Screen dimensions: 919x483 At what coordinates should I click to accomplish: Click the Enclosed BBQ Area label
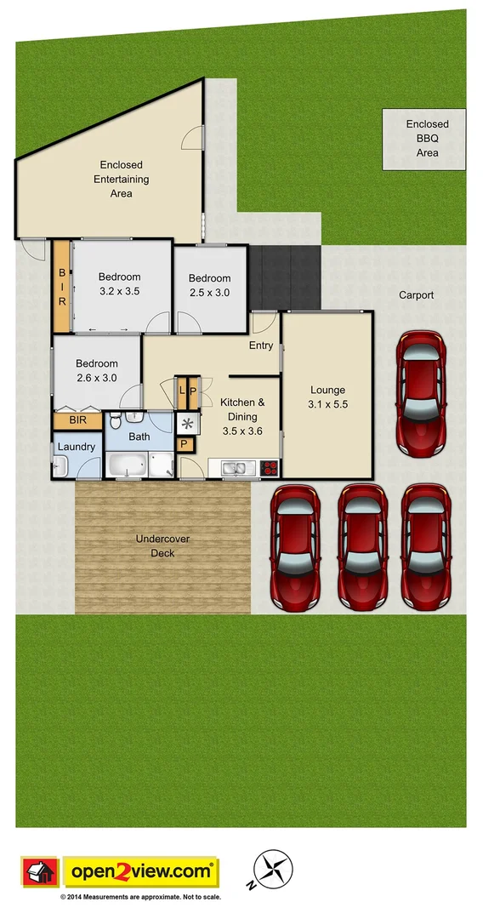click(x=427, y=139)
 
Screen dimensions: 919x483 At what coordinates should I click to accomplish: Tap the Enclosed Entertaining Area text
click(x=121, y=179)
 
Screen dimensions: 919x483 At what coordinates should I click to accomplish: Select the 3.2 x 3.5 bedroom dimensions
click(x=119, y=291)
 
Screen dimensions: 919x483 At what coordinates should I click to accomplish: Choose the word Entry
click(x=261, y=345)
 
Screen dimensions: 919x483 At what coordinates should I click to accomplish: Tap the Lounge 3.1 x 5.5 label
click(x=327, y=397)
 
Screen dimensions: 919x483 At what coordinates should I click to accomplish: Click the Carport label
click(x=417, y=295)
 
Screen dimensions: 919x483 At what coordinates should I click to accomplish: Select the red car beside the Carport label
click(x=421, y=392)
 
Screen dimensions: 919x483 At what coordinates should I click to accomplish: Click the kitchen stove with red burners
click(x=270, y=467)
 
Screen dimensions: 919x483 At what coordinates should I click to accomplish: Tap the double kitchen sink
click(x=235, y=467)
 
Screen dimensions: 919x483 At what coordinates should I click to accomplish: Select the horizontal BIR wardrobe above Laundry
click(x=77, y=420)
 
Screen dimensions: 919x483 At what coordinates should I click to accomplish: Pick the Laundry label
click(x=77, y=445)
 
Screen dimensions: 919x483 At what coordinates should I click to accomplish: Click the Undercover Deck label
click(x=156, y=545)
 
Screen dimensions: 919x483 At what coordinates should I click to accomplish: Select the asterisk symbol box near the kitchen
click(x=186, y=423)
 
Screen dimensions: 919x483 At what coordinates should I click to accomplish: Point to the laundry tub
click(x=60, y=465)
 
